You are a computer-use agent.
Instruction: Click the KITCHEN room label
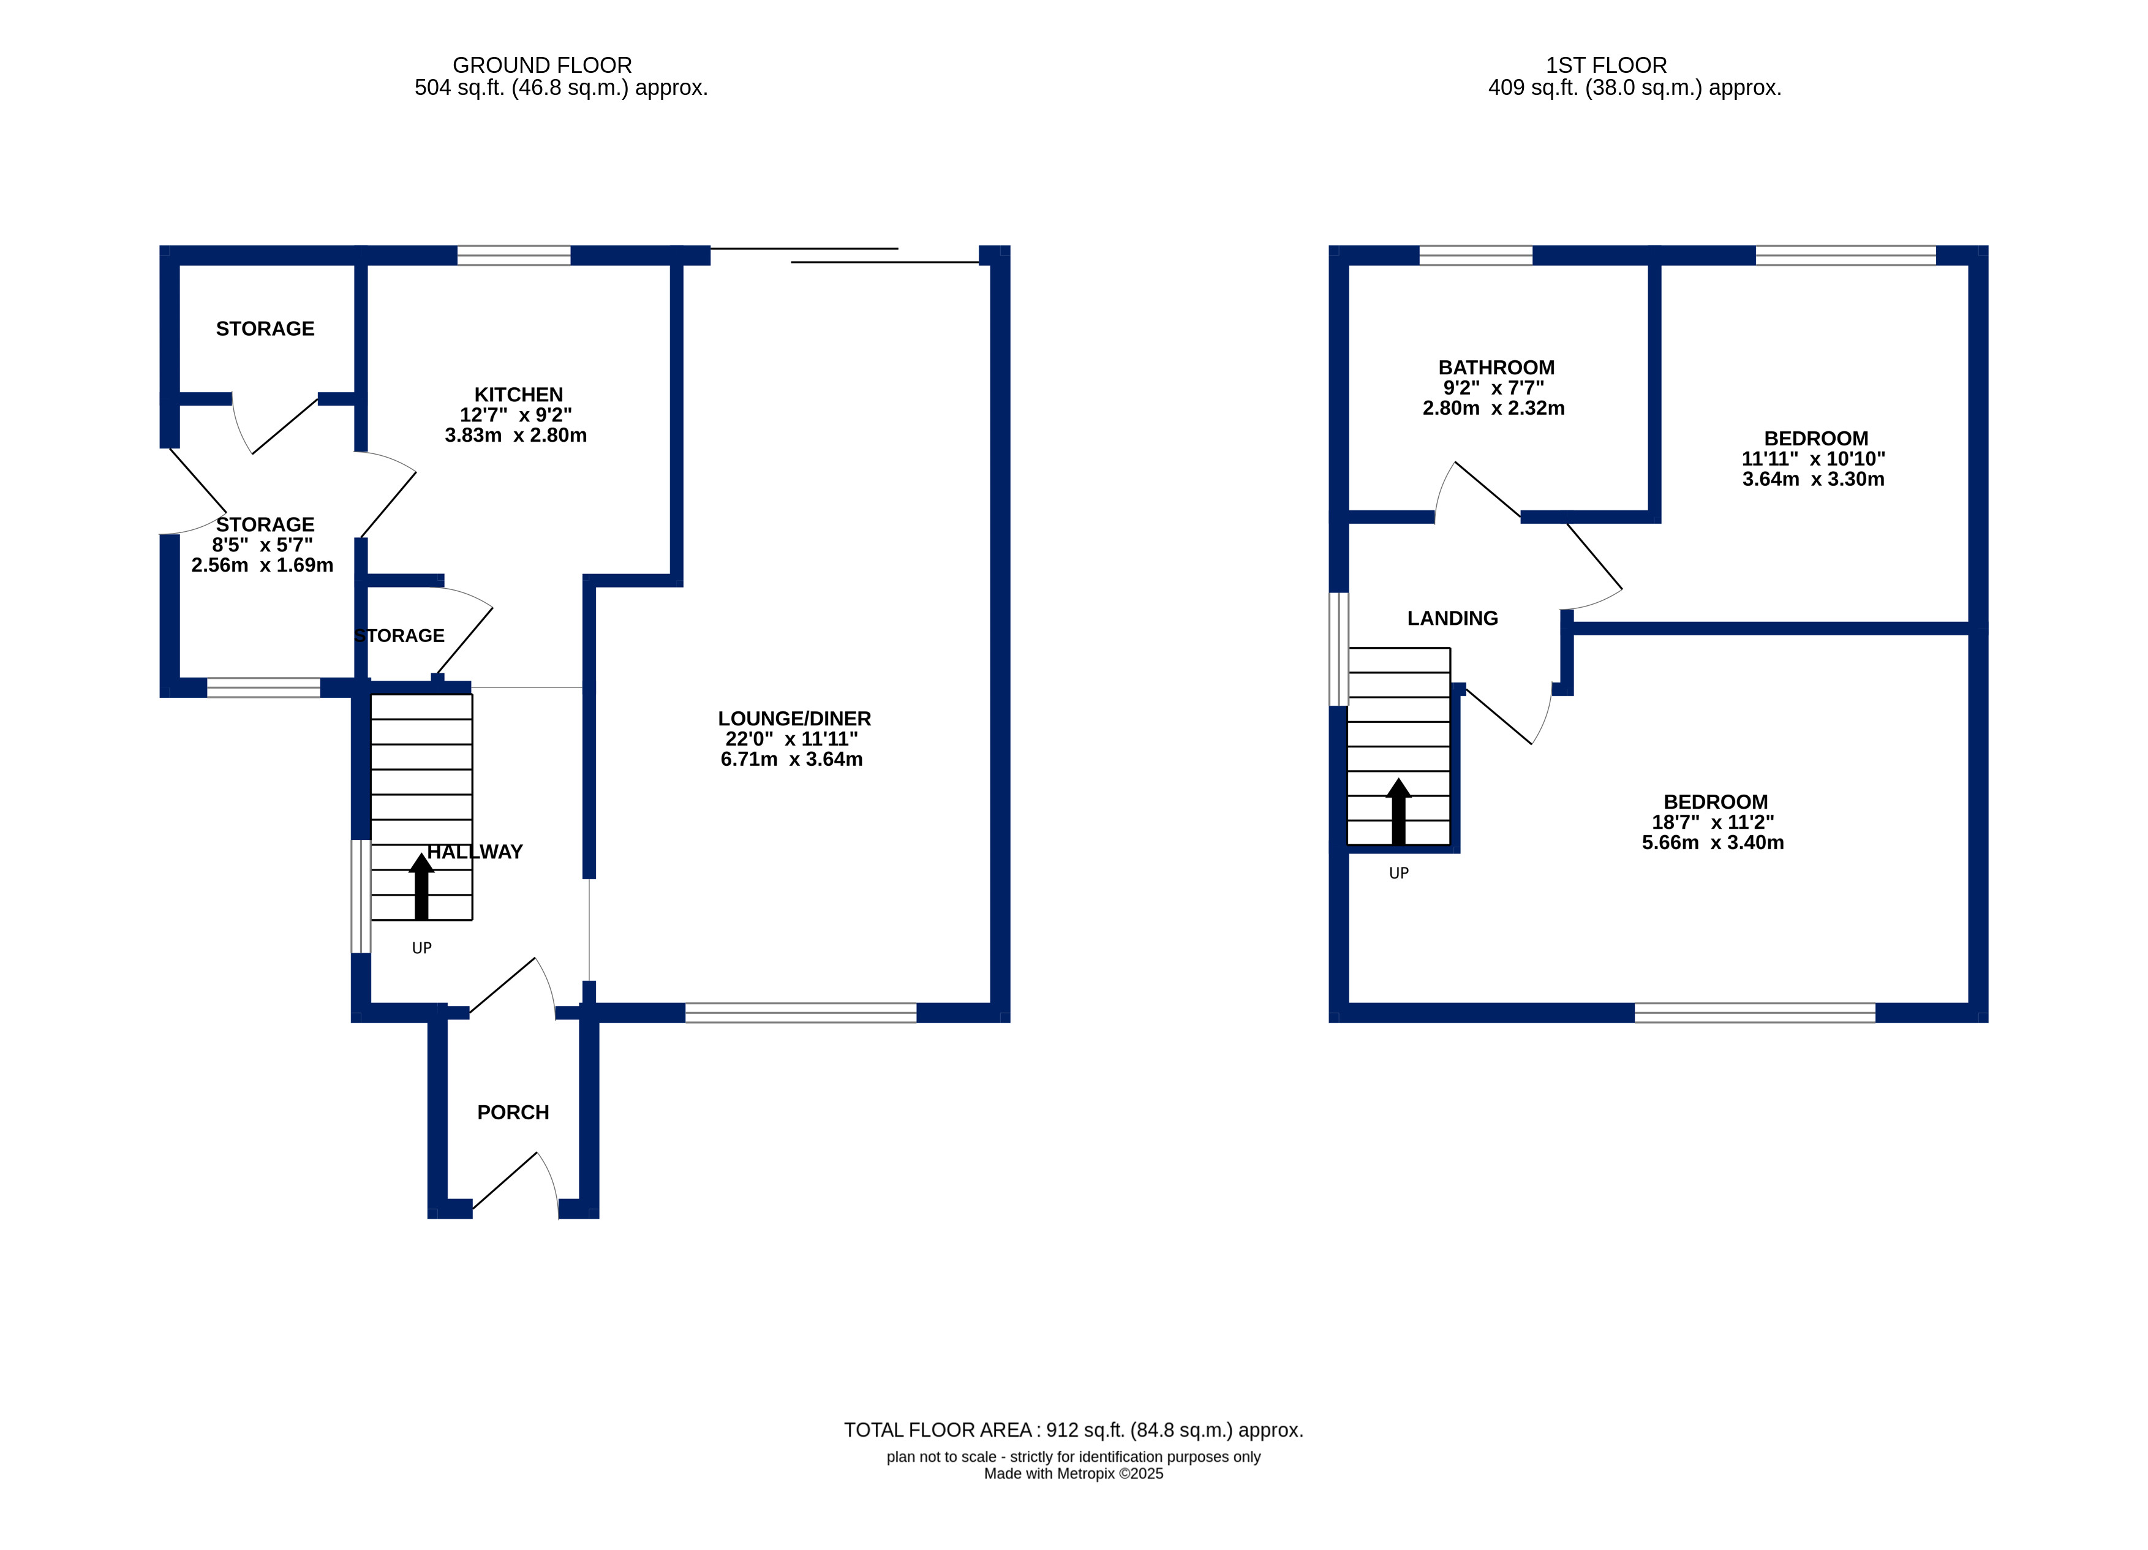point(518,394)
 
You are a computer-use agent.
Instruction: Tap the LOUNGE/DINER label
point(794,718)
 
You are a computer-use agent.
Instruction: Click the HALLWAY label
point(475,851)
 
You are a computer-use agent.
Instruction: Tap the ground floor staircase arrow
point(421,886)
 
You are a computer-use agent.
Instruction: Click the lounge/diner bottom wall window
point(801,1012)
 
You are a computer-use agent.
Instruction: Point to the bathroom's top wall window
point(1475,255)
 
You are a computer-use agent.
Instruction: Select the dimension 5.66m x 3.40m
point(1713,842)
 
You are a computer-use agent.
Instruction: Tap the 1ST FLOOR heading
point(1607,66)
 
